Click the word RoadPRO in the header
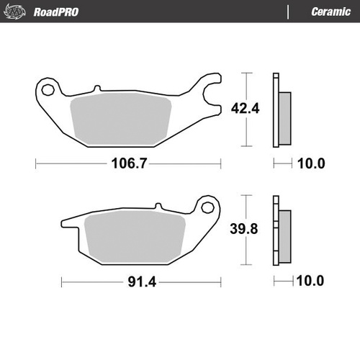[56, 12]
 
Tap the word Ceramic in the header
[331, 12]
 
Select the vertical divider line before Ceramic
[289, 12]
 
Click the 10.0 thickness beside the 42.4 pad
[311, 163]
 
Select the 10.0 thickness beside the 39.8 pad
[311, 280]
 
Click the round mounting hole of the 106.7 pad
[49, 90]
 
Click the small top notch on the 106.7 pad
[96, 89]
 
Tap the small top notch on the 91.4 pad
[157, 207]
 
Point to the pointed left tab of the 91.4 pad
[65, 222]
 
